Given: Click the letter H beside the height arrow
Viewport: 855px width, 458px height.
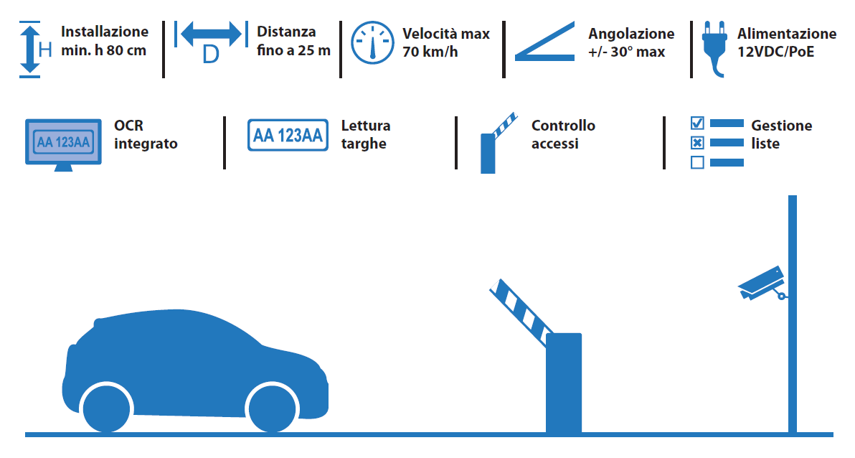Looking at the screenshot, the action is click(x=45, y=50).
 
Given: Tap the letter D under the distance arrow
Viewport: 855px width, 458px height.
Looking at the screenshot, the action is click(x=210, y=55).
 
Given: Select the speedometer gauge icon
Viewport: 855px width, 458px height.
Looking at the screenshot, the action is click(x=372, y=42).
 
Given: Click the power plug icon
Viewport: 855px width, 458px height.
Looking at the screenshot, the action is click(x=715, y=49).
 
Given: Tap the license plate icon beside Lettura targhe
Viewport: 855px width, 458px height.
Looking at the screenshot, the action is click(x=288, y=135).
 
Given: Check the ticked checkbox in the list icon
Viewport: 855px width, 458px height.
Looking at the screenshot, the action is click(x=697, y=123).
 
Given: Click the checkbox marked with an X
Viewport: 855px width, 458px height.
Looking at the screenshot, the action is click(x=697, y=143).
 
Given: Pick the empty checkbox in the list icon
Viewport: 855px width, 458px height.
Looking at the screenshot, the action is click(x=697, y=163).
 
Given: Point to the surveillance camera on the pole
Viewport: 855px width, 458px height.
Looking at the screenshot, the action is click(x=762, y=283).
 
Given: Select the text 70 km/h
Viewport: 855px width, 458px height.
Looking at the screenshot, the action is click(x=430, y=52).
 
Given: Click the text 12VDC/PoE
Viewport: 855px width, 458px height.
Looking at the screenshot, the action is click(x=776, y=52).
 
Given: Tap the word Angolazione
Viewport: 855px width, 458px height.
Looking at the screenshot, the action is click(x=631, y=34).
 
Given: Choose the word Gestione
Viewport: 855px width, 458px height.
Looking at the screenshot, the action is click(x=781, y=126).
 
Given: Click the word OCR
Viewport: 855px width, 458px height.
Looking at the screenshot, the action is click(x=128, y=126).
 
